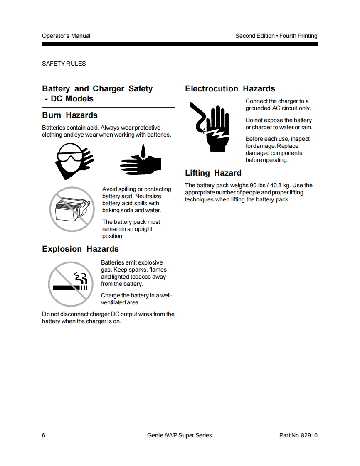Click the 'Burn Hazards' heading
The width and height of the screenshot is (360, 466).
[70, 115]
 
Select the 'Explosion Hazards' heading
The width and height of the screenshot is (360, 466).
[80, 249]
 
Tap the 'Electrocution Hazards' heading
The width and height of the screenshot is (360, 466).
[230, 89]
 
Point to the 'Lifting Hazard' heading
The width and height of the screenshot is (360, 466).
[213, 173]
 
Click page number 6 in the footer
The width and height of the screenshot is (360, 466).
[44, 435]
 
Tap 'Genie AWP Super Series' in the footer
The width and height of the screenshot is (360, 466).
[180, 435]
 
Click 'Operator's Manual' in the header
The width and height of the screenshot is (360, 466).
[66, 36]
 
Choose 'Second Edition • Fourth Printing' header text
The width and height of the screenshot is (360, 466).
[276, 36]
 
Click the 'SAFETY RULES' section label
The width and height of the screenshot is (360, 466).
[64, 64]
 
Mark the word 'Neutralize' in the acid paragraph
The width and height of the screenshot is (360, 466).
[148, 196]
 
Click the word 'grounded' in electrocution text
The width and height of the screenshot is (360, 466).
[258, 108]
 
